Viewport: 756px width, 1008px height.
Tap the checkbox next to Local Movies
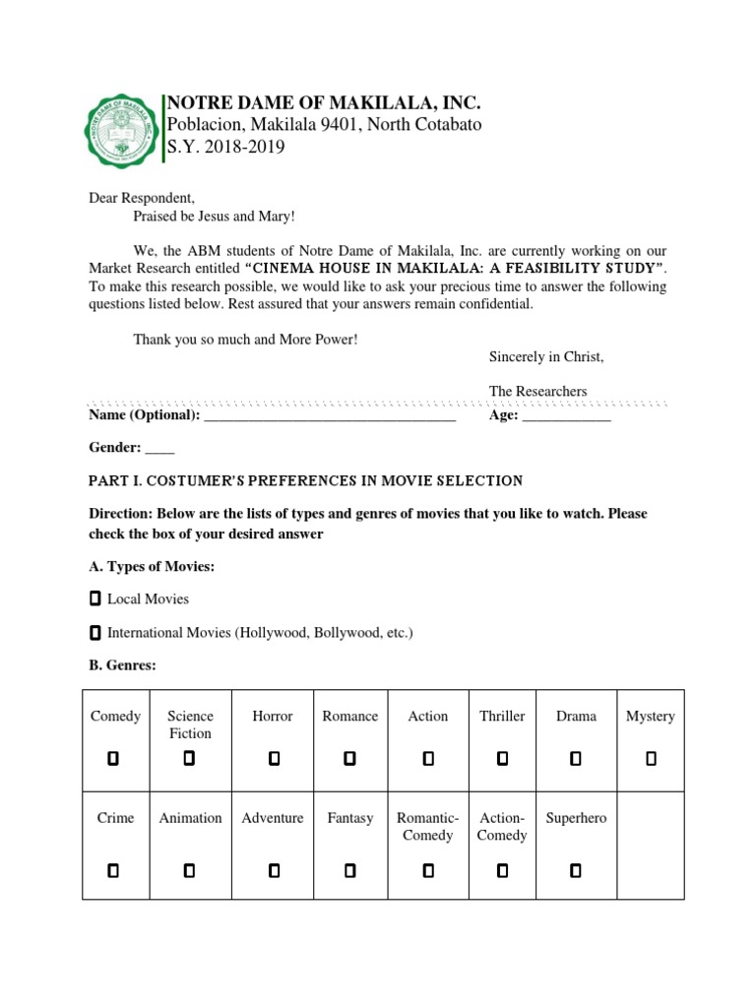tap(94, 598)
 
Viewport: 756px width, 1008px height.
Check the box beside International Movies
tap(94, 632)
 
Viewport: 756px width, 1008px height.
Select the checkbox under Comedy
tap(113, 758)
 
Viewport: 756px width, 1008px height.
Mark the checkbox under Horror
tap(274, 758)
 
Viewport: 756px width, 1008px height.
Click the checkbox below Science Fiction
tap(189, 758)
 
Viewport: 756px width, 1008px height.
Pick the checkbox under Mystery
tap(651, 758)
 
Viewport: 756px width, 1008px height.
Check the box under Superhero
tap(576, 870)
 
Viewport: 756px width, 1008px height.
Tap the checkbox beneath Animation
tap(189, 870)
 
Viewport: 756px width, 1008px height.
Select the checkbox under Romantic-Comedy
tap(427, 870)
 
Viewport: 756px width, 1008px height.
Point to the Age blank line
tap(566, 418)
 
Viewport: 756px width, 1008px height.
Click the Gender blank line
tap(159, 451)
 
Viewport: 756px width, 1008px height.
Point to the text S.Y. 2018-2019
tap(225, 147)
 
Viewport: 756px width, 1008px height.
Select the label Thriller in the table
tap(502, 717)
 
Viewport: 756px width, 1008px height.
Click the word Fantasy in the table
tap(350, 818)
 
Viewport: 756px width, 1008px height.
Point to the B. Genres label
tap(122, 665)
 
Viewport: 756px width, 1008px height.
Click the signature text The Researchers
tap(537, 391)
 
